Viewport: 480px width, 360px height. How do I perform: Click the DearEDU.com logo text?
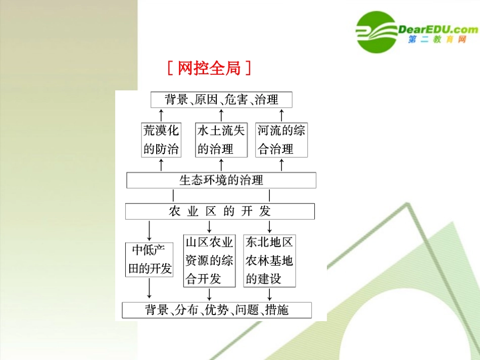(x=438, y=29)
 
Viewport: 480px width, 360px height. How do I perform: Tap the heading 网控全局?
(x=209, y=68)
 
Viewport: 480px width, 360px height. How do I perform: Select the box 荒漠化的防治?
(x=161, y=140)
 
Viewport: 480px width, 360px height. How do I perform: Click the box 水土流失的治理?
(x=221, y=140)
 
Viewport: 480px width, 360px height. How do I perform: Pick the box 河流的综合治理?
(x=281, y=140)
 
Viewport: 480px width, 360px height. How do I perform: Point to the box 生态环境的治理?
(x=221, y=180)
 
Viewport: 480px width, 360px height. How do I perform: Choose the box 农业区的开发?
(x=220, y=211)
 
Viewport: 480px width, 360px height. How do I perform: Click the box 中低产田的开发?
(x=149, y=260)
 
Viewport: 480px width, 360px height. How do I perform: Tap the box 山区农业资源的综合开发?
(x=209, y=261)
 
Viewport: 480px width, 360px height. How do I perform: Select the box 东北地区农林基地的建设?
(x=269, y=261)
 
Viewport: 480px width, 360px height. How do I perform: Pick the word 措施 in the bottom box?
(x=276, y=310)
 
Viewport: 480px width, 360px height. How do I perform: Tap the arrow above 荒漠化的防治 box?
(x=161, y=114)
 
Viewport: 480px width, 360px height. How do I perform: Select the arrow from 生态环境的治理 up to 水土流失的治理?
(x=221, y=164)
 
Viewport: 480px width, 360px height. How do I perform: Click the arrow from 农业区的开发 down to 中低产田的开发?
(x=149, y=230)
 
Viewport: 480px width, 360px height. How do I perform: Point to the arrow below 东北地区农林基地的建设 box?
(x=269, y=294)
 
